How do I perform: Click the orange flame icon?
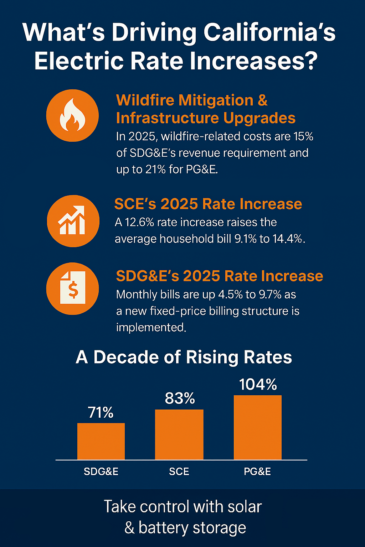(x=72, y=115)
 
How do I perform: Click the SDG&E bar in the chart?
(x=101, y=441)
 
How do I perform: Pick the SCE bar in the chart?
(x=179, y=434)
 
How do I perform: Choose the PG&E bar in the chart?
(x=257, y=427)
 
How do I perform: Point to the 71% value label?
(x=101, y=412)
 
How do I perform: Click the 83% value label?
(x=180, y=398)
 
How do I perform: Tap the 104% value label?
(x=258, y=384)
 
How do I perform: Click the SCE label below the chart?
(x=179, y=472)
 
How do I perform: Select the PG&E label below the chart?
(x=257, y=472)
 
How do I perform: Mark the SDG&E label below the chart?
(x=101, y=472)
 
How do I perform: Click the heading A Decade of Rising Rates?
(x=184, y=357)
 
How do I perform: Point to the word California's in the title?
(x=269, y=33)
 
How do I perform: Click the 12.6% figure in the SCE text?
(x=139, y=222)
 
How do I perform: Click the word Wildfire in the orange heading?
(x=145, y=100)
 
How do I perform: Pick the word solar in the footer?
(x=243, y=506)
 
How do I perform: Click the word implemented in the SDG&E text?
(x=151, y=327)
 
